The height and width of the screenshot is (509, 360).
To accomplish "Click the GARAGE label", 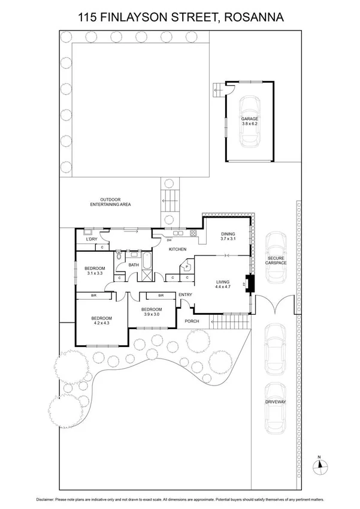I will pyautogui.click(x=250, y=119).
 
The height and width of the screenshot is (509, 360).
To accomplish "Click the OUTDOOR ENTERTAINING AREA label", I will pyautogui.click(x=110, y=202).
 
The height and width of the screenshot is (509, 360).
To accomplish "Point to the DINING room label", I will pyautogui.click(x=228, y=234).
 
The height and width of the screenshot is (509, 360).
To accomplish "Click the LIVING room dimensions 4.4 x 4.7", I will pyautogui.click(x=223, y=287).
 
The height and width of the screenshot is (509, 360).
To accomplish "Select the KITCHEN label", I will pyautogui.click(x=177, y=249).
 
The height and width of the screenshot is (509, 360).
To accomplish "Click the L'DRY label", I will pyautogui.click(x=92, y=239).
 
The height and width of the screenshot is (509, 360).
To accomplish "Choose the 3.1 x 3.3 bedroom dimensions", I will pyautogui.click(x=94, y=273).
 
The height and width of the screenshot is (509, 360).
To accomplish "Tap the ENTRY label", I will pyautogui.click(x=185, y=294).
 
